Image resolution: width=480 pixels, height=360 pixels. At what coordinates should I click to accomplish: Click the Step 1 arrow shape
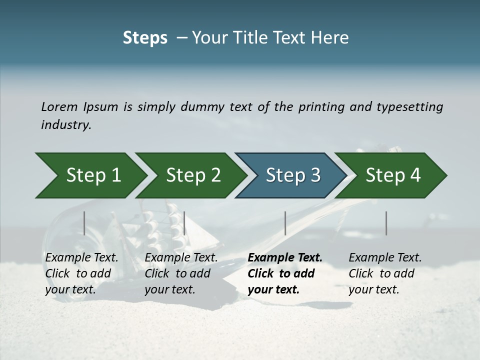90,175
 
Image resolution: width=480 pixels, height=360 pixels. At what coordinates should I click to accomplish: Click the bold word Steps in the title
145,37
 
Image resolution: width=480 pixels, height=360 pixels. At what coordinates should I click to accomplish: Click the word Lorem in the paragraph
59,106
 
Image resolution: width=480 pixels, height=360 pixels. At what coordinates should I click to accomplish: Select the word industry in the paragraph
66,125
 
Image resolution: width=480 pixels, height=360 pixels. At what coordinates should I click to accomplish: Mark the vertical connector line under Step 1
84,223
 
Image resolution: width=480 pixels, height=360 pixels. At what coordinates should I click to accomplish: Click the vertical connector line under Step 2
184,223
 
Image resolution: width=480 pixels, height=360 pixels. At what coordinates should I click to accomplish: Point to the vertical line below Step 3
285,223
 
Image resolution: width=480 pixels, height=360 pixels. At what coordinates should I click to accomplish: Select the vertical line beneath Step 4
386,223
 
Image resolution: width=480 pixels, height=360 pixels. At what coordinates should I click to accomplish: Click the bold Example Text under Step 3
285,273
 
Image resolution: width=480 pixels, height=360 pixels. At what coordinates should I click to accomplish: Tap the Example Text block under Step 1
81,273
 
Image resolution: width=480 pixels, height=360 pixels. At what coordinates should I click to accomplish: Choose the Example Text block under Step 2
181,273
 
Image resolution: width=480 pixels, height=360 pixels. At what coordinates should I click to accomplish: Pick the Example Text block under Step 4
385,273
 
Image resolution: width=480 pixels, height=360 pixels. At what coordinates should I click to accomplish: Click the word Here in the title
332,37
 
